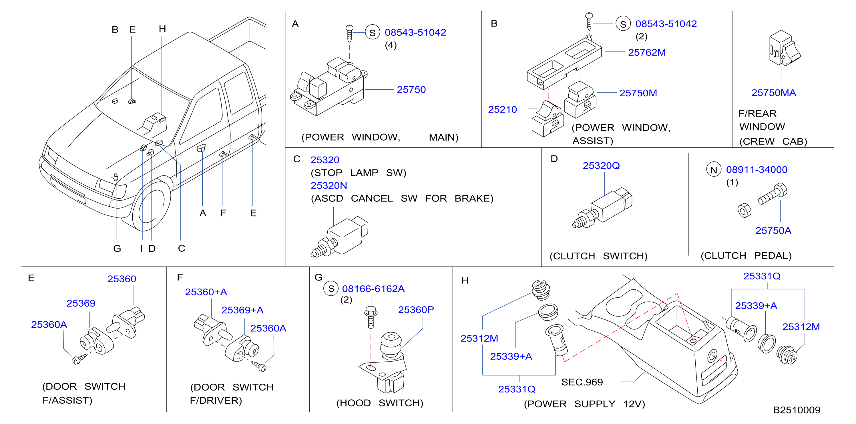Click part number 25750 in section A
pos(411,90)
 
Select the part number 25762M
pos(647,53)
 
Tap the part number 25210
pos(502,109)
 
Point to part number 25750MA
pos(774,93)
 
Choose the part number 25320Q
pos(601,165)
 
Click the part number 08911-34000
pos(757,169)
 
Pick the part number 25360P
pos(416,309)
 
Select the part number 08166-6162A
pos(373,289)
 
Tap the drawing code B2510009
pos(797,410)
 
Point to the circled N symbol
pos(713,170)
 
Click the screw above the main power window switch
pos(349,33)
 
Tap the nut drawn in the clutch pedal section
pos(744,210)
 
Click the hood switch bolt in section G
pos(371,317)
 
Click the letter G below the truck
pos(117,248)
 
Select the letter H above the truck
pos(162,29)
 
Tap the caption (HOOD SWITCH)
pos(380,403)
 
